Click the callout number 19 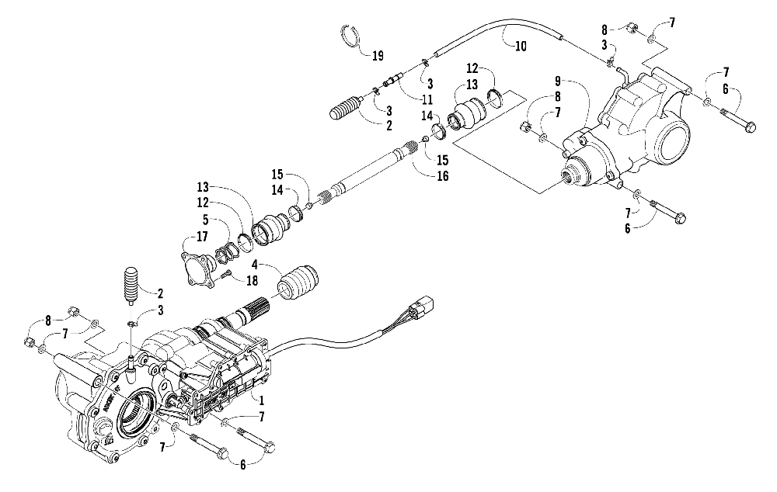[x=378, y=56]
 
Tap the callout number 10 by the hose [x=520, y=46]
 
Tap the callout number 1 [x=262, y=401]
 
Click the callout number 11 [x=427, y=100]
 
